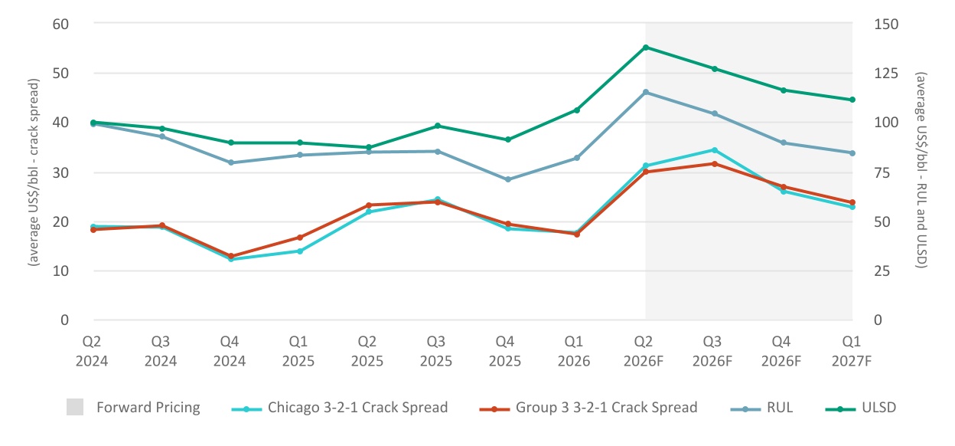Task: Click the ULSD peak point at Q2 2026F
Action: click(x=646, y=48)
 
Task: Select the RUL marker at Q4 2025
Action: click(x=508, y=179)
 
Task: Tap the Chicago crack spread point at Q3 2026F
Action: click(x=715, y=150)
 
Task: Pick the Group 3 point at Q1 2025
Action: click(x=300, y=238)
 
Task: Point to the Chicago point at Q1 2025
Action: click(x=300, y=251)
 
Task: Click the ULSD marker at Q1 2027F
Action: click(x=852, y=100)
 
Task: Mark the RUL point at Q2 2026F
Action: click(x=646, y=92)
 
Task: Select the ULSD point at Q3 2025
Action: click(x=438, y=126)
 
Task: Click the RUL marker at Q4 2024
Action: click(x=230, y=162)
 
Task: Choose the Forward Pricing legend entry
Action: click(x=133, y=407)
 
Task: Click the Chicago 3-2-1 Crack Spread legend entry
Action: click(x=339, y=408)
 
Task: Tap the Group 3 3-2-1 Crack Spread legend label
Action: click(x=606, y=407)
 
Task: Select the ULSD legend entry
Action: click(x=861, y=408)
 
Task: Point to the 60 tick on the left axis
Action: click(x=60, y=25)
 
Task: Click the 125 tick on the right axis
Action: click(x=886, y=74)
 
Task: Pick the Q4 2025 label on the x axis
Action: click(x=505, y=351)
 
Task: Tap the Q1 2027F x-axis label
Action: click(x=852, y=351)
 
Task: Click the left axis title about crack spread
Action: click(x=33, y=172)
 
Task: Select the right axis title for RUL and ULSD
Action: click(x=921, y=170)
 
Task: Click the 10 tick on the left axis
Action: click(x=60, y=271)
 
